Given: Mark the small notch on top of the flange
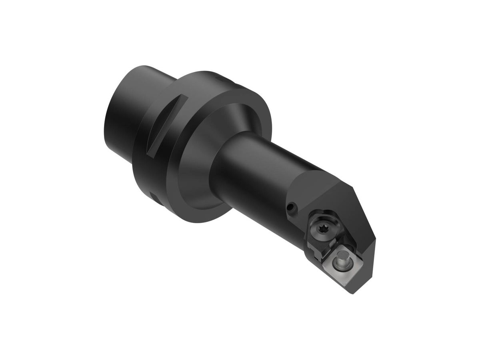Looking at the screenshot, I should (x=218, y=78).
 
